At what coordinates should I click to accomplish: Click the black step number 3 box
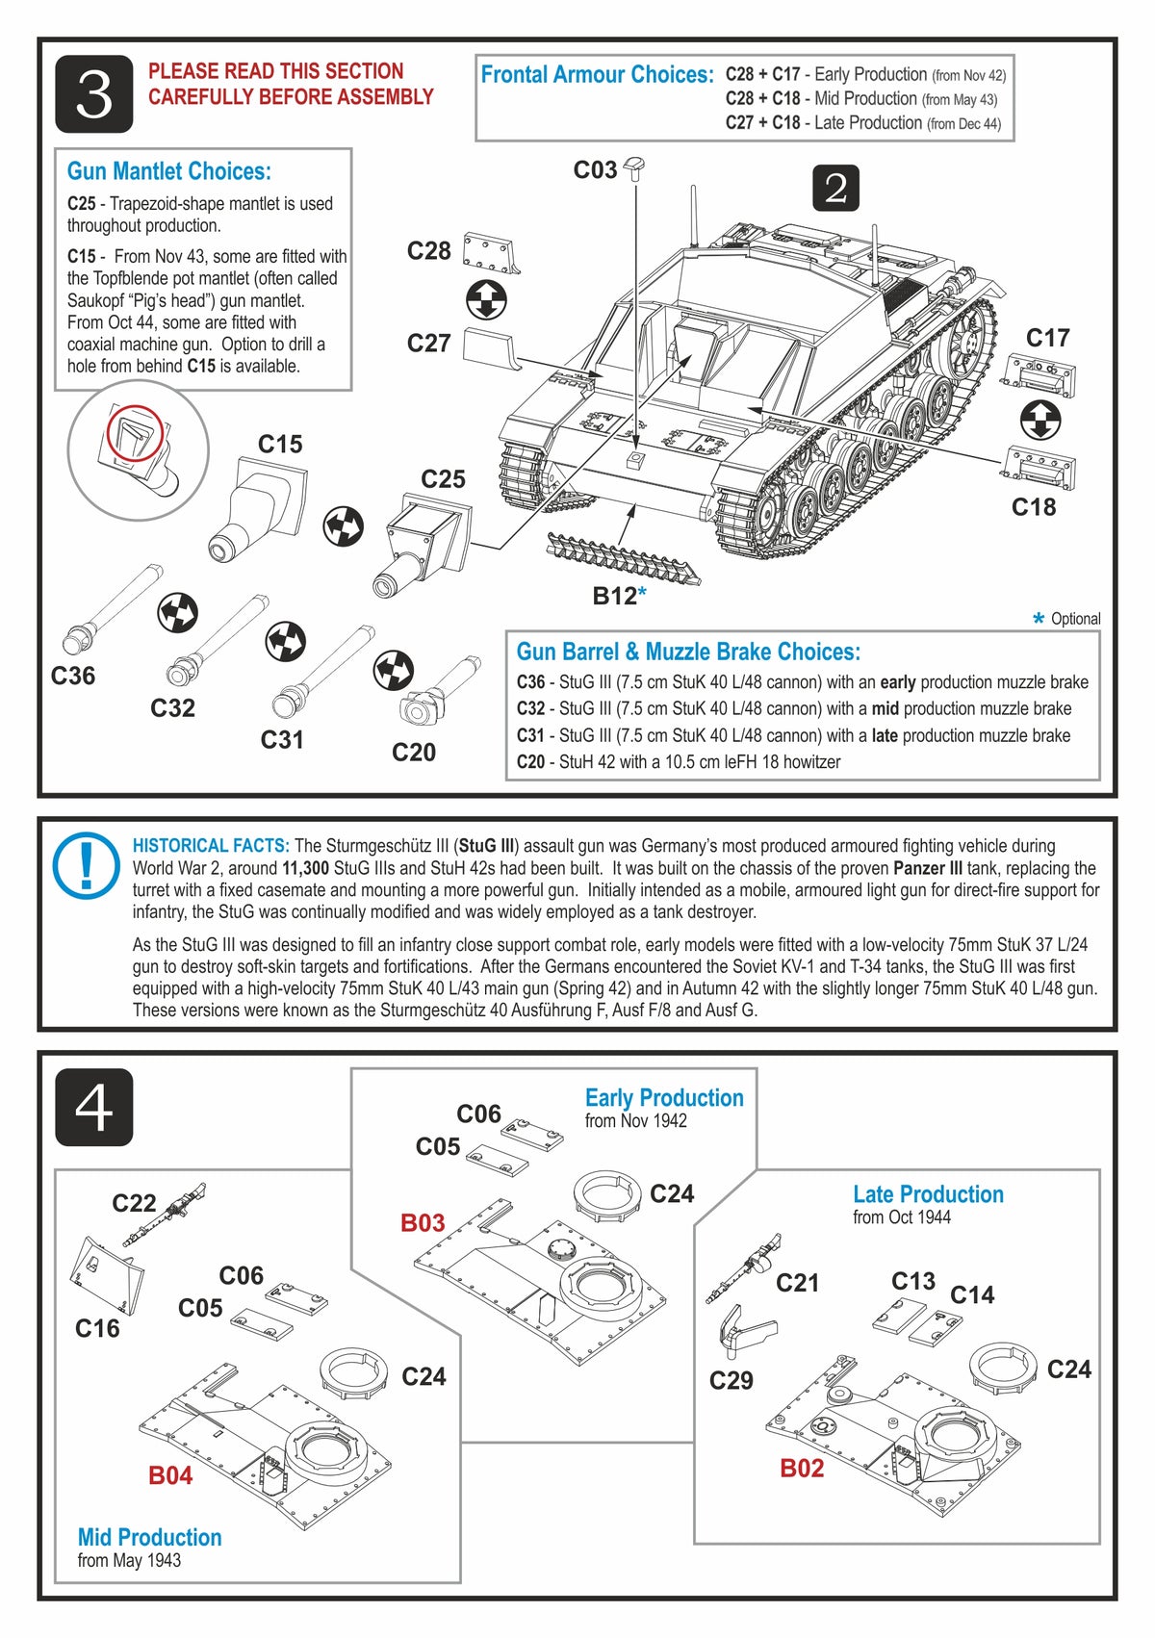(93, 94)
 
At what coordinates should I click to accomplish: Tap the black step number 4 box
(93, 1107)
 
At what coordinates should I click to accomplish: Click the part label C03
(595, 170)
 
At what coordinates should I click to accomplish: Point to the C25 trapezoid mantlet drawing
(422, 546)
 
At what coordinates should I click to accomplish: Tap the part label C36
(73, 676)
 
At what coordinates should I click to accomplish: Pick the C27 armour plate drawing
(490, 346)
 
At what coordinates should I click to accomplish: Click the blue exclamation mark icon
(87, 863)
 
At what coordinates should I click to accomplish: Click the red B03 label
(423, 1223)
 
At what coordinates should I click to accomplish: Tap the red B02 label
(802, 1468)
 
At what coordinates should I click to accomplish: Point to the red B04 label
(170, 1475)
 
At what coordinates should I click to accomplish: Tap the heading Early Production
(664, 1098)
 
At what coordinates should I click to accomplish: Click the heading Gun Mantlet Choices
(169, 171)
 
